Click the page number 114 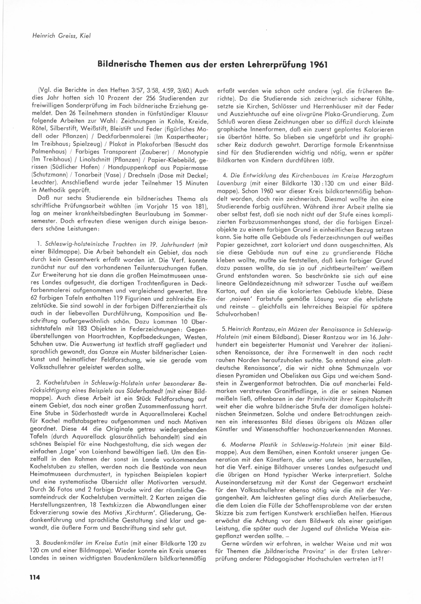[33, 577]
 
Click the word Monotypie [193, 152]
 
